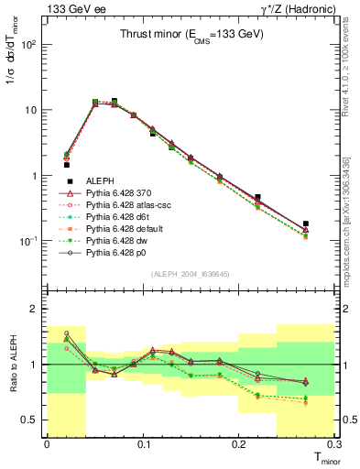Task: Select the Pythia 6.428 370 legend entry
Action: [119, 194]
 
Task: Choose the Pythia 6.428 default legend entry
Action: [124, 232]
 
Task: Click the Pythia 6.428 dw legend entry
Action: [116, 244]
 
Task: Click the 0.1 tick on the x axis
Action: [143, 443]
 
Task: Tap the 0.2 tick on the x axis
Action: [239, 443]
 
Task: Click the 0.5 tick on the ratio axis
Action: [33, 420]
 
